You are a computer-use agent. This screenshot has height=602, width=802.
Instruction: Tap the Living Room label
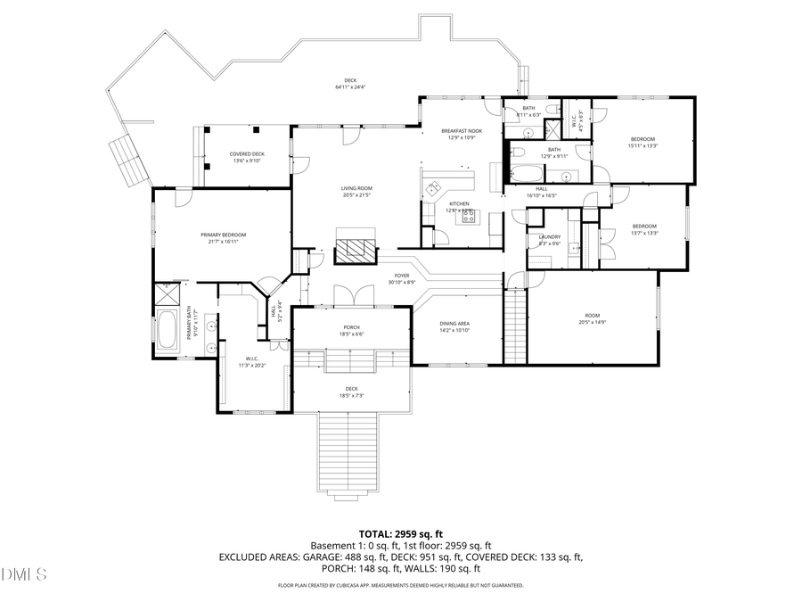click(356, 191)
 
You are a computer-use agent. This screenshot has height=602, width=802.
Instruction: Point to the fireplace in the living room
click(356, 247)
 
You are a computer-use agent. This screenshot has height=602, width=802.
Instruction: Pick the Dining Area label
click(454, 326)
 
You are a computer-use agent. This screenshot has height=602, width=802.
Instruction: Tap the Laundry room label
click(549, 239)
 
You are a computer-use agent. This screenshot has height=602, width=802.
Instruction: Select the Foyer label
click(403, 278)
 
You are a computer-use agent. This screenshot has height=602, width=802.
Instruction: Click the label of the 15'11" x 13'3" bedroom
click(643, 141)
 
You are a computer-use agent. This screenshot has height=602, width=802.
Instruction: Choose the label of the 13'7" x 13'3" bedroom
click(643, 228)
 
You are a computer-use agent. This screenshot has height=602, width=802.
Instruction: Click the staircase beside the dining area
click(515, 331)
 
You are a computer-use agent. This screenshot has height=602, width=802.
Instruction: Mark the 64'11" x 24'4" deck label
click(351, 84)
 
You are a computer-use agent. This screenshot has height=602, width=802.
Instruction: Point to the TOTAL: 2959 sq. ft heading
click(400, 533)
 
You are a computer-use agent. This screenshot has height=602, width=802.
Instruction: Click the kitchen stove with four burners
click(468, 215)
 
